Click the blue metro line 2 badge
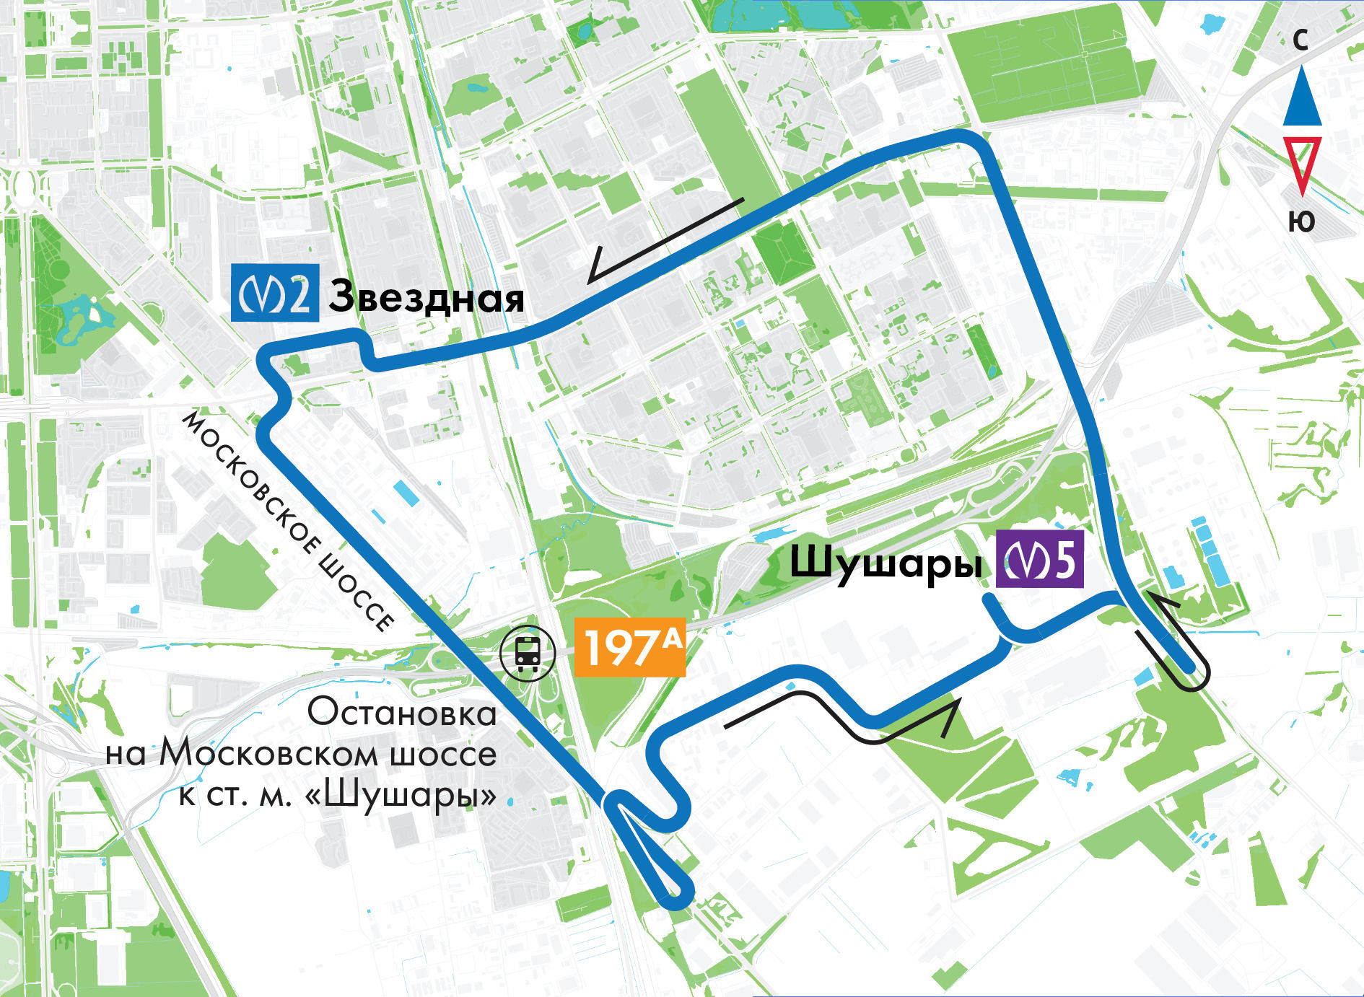pos(274,293)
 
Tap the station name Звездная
pos(426,297)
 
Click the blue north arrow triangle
pos(1302,97)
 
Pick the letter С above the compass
pos(1300,40)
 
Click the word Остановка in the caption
pos(402,713)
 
